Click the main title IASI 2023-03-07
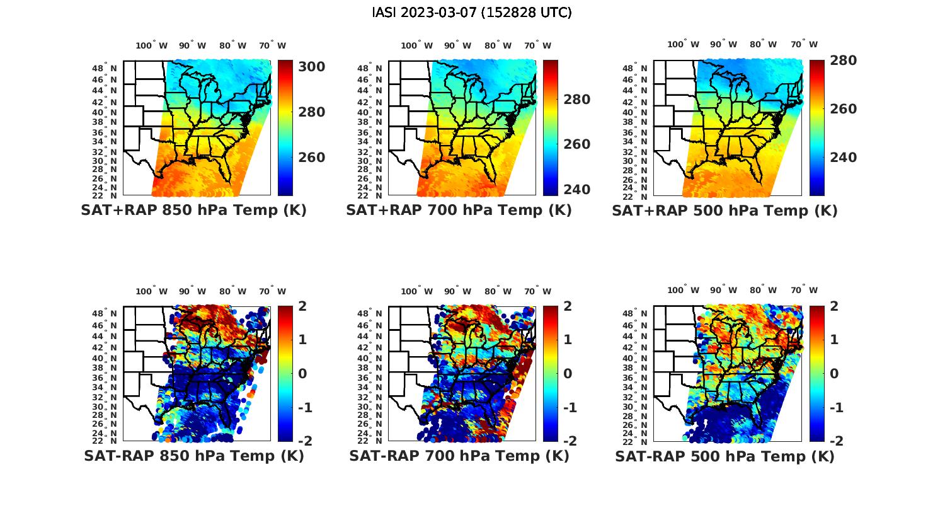click(x=472, y=13)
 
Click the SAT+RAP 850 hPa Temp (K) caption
click(x=193, y=211)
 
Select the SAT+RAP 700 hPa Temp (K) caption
click(x=459, y=211)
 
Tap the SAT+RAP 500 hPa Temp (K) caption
click(x=724, y=211)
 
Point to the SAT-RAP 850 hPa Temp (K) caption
click(x=193, y=456)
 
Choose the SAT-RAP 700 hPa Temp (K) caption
click(x=459, y=456)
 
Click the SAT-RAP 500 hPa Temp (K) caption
click(x=724, y=456)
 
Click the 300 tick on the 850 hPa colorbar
click(x=311, y=67)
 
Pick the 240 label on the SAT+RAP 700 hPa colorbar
click(x=576, y=189)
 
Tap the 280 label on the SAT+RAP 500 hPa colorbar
click(x=843, y=61)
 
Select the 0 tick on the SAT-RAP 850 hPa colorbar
click(x=302, y=373)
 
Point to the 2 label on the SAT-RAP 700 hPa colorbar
click(x=568, y=306)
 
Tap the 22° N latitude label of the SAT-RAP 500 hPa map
click(x=636, y=441)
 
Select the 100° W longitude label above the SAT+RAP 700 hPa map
click(x=416, y=45)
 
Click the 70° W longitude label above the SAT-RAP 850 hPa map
click(x=272, y=291)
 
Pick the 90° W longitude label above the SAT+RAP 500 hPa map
click(x=723, y=44)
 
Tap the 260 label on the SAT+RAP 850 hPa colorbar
click(x=311, y=158)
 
